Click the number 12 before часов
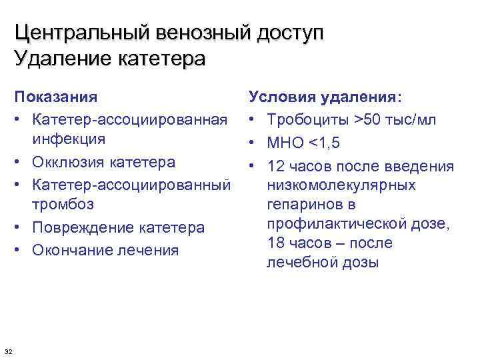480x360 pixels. point(275,165)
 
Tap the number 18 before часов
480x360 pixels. point(275,243)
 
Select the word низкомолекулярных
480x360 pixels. point(341,185)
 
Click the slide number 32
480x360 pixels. point(9,351)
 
